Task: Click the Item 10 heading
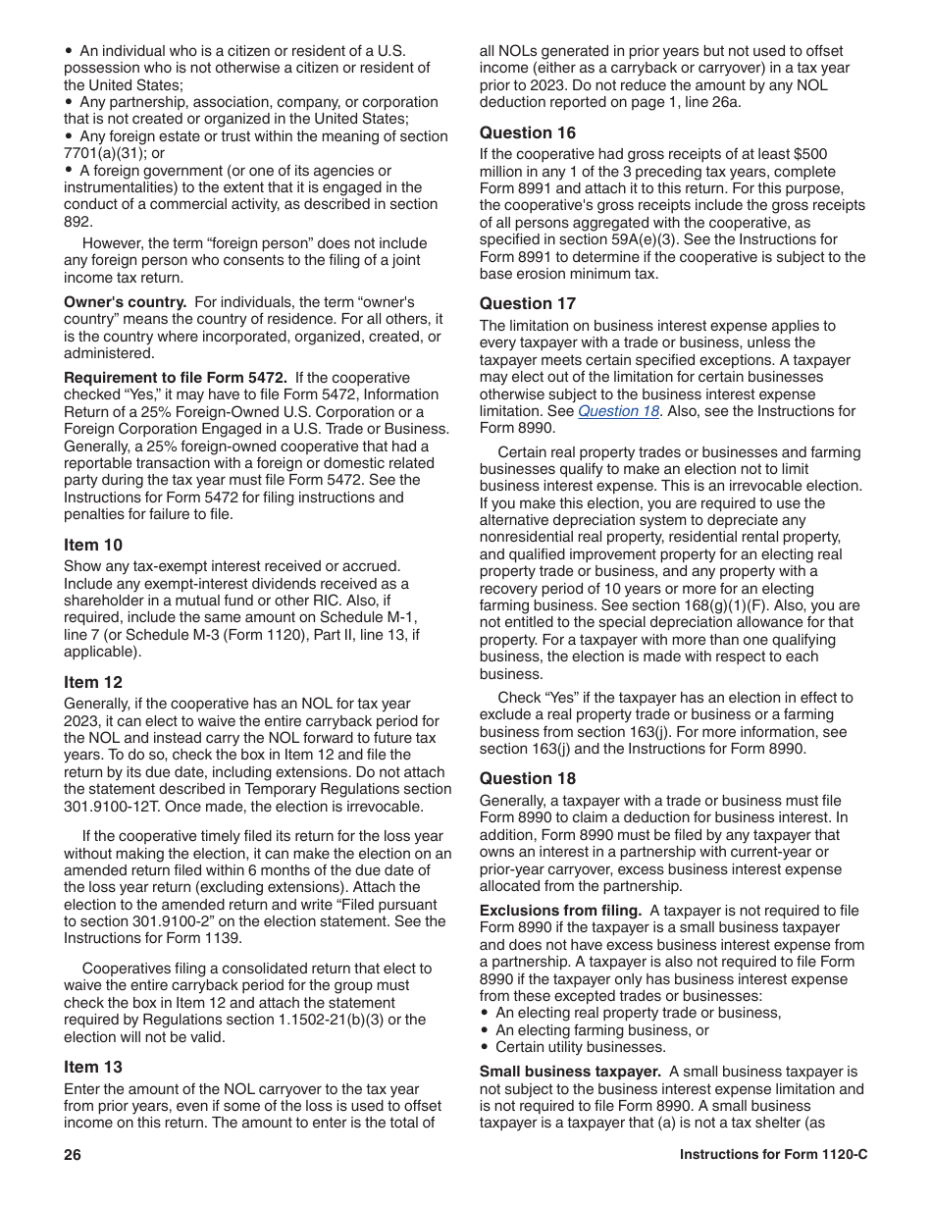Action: (x=94, y=545)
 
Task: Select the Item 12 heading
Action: (x=94, y=682)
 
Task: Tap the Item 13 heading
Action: (x=94, y=1067)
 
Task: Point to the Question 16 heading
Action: (x=528, y=132)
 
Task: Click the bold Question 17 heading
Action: (x=528, y=303)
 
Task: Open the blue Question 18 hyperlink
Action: (x=618, y=411)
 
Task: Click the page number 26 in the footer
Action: (x=73, y=1155)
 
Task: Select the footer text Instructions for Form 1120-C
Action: (x=773, y=1155)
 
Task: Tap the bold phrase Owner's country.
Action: (x=125, y=302)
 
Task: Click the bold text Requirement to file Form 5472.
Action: (x=176, y=378)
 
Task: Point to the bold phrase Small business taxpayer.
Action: (x=570, y=1072)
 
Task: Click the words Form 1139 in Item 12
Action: (x=196, y=938)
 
